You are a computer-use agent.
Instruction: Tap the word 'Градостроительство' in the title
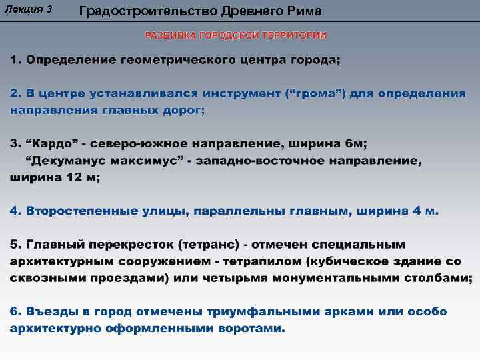coord(142,11)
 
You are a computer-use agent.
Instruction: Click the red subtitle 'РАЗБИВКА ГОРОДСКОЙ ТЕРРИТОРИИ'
coord(236,35)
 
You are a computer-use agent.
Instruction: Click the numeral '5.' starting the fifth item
coord(15,245)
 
